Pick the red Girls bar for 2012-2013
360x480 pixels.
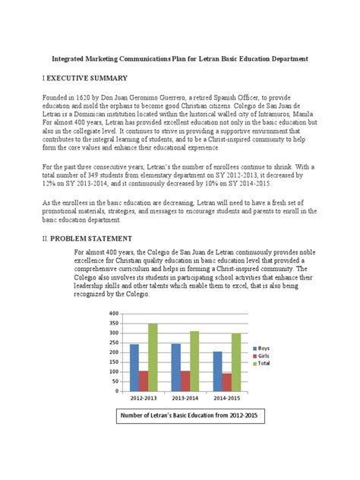click(x=144, y=381)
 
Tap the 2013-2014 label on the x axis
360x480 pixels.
click(x=185, y=398)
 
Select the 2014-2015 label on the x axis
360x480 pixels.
click(x=227, y=398)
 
